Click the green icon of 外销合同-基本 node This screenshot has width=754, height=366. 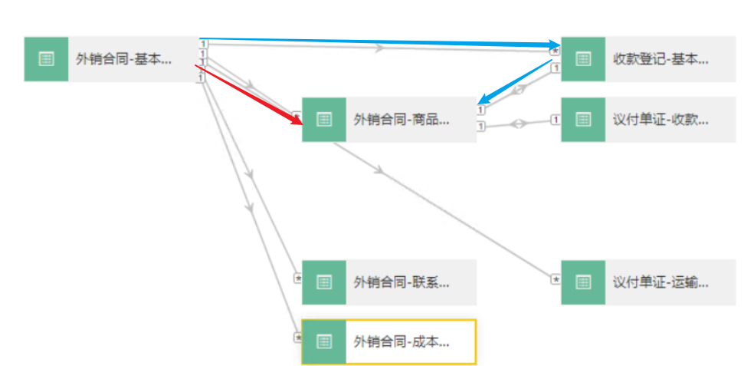pyautogui.click(x=46, y=59)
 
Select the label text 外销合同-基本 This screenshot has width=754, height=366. pyautogui.click(x=123, y=59)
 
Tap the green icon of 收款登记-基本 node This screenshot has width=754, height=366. pyautogui.click(x=583, y=59)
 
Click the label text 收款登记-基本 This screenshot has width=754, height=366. pyautogui.click(x=661, y=59)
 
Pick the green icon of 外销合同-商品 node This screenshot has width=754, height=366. pyautogui.click(x=324, y=120)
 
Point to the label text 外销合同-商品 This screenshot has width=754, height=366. pyautogui.click(x=402, y=120)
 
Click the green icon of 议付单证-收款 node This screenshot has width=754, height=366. pyautogui.click(x=583, y=120)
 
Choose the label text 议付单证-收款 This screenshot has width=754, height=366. pyautogui.click(x=661, y=120)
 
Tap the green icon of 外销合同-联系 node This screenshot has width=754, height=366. pyautogui.click(x=324, y=282)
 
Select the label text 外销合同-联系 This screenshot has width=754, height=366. pyautogui.click(x=402, y=282)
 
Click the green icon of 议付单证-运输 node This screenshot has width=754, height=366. pyautogui.click(x=583, y=282)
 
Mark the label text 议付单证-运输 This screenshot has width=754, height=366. pyautogui.click(x=661, y=282)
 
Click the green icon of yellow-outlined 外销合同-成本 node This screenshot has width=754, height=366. pyautogui.click(x=324, y=341)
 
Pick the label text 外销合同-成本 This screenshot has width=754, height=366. pyautogui.click(x=402, y=342)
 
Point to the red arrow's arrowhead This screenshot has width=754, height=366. pyautogui.click(x=297, y=121)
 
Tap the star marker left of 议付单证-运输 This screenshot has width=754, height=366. pyautogui.click(x=556, y=279)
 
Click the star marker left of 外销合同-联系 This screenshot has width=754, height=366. pyautogui.click(x=298, y=279)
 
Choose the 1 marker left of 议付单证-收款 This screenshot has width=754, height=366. pyautogui.click(x=556, y=119)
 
